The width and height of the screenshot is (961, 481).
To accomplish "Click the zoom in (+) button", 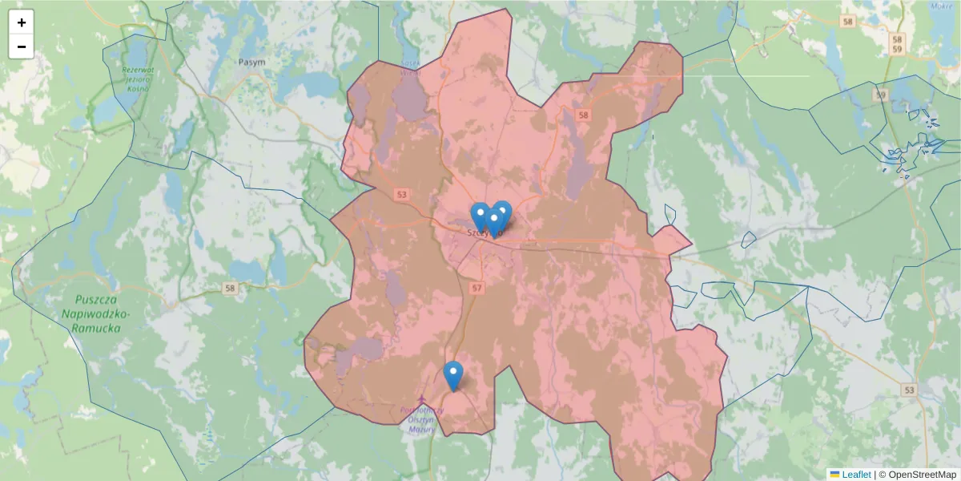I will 22,22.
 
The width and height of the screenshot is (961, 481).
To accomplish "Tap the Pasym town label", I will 251,62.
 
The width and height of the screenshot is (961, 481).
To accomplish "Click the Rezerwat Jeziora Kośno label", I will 137,79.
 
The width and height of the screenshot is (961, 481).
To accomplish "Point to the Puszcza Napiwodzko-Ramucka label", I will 91,313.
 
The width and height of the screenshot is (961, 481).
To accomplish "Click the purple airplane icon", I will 421,399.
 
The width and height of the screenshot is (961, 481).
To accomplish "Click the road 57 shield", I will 478,287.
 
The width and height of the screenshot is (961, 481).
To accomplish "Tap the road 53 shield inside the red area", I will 402,194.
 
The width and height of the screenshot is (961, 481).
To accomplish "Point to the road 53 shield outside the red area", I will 908,390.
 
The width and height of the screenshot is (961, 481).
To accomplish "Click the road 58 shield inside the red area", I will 583,115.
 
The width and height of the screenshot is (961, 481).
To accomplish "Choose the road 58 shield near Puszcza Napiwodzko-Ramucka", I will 231,289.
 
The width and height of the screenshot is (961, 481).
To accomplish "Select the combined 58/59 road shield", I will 897,44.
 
